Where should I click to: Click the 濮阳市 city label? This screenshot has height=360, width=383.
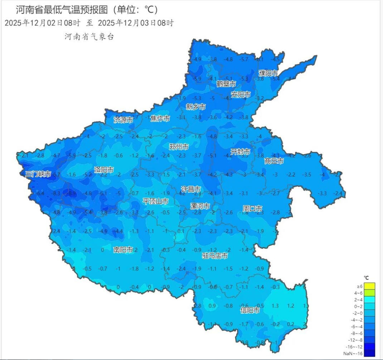268,73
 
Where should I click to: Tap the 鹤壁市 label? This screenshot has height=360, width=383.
226,84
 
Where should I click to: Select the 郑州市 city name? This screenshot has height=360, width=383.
179,147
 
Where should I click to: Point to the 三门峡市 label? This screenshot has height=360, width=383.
38,174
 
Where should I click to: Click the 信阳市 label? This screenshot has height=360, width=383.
250,310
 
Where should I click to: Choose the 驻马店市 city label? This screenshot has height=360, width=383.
215,256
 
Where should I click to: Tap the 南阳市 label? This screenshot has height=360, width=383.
123,250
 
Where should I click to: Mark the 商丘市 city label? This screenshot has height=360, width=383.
274,161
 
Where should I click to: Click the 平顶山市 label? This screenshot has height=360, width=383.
155,201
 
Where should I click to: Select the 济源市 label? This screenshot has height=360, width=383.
123,120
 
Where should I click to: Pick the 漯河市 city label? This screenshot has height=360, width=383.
200,206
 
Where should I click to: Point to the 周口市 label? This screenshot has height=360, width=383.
252,209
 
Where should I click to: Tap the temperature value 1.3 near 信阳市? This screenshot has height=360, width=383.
275,306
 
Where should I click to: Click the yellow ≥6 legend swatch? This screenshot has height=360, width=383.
369,286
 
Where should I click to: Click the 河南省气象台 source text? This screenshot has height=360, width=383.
89,37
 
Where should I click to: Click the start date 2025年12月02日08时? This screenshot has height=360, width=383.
42,23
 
